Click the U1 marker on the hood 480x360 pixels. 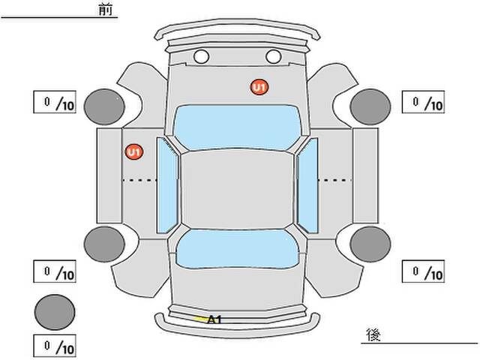pos(259,87)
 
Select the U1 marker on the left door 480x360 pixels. pos(134,151)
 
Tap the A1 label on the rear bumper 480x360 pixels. pos(214,320)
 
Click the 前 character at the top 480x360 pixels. pos(106,10)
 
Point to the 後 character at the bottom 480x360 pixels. pos(373,334)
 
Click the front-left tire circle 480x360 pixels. pos(104,106)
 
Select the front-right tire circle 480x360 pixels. pos(370,106)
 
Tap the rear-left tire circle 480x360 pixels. pos(104,244)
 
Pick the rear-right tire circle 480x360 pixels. pos(370,244)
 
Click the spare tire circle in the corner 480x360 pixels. pos(55,312)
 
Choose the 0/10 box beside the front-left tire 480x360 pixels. pos(55,102)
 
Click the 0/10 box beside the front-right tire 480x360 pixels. pos(423,102)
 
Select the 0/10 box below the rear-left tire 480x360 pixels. pos(55,271)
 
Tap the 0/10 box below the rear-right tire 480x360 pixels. pos(423,271)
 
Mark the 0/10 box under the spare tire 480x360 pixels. pos(55,346)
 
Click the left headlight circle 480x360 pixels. pos(202,57)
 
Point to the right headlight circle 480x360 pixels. pos(273,57)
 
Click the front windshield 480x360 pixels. pos(237,127)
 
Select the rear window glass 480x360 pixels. pos(237,249)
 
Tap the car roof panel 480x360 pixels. pos(237,190)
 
